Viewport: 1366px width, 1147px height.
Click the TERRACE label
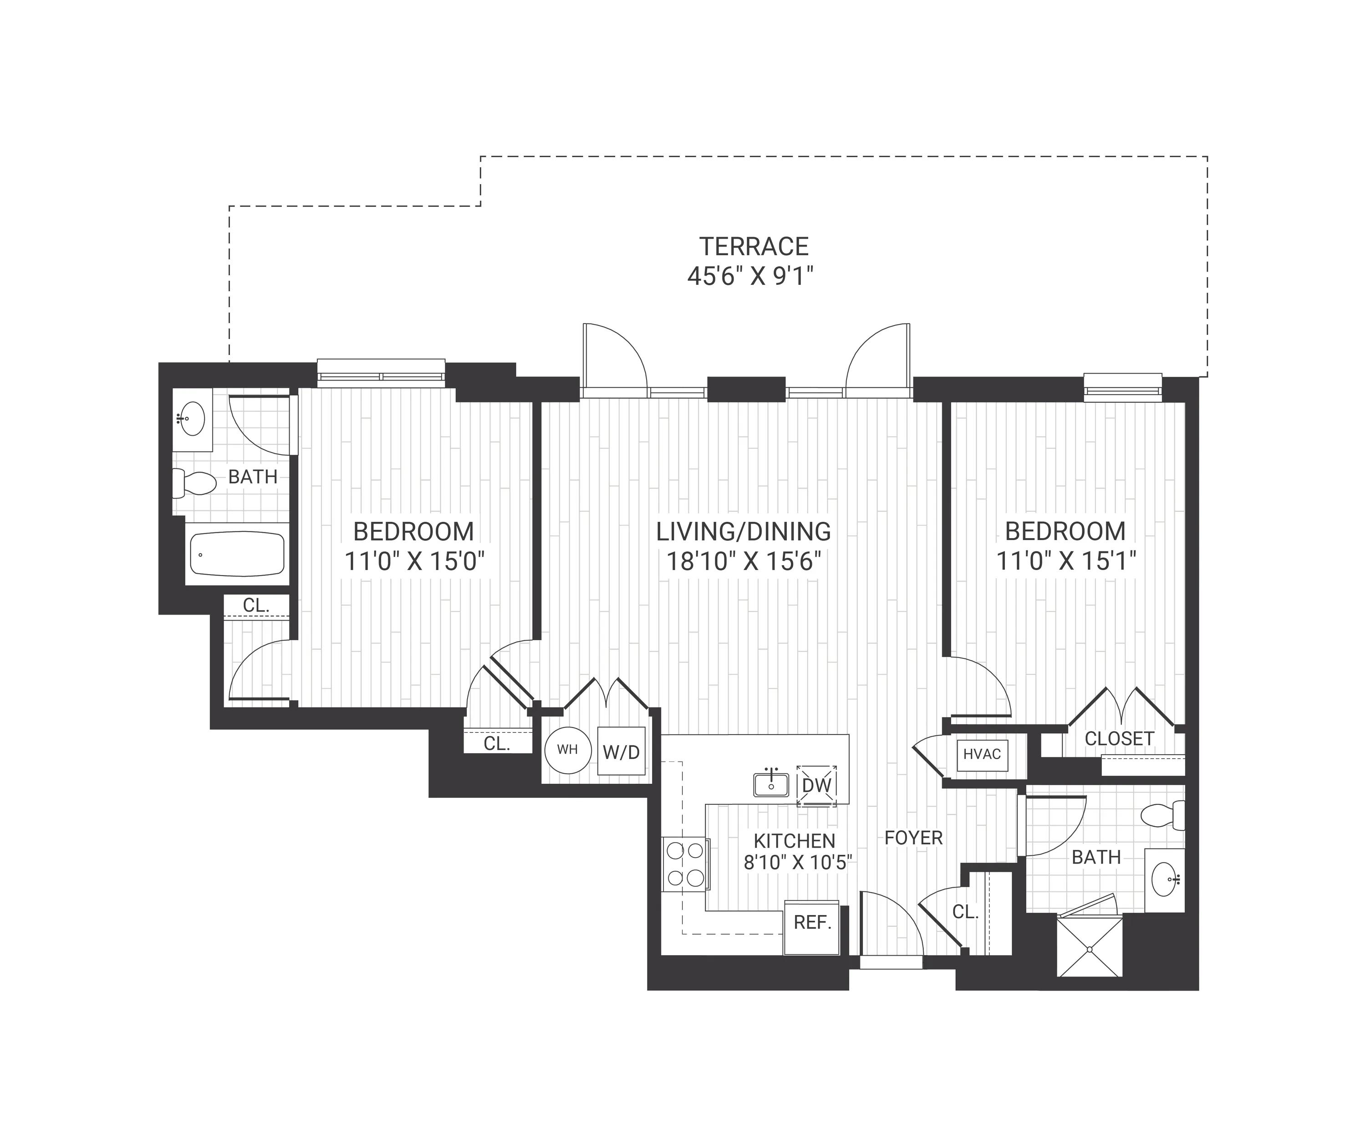click(754, 247)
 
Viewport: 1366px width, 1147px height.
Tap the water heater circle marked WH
click(568, 750)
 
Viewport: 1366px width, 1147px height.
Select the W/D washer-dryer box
click(621, 751)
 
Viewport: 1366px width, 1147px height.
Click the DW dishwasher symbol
click(816, 785)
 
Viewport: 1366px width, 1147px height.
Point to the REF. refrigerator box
click(812, 928)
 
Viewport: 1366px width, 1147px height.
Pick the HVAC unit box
click(982, 755)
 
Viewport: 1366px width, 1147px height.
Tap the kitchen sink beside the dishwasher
click(771, 783)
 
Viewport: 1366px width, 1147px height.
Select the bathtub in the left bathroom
click(237, 554)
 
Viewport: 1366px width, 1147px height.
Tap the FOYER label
click(913, 838)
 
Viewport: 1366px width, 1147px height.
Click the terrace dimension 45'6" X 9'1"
click(751, 277)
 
